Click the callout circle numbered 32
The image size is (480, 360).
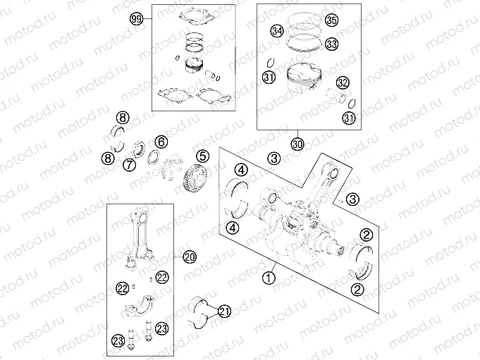[343, 82]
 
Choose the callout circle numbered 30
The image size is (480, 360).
[297, 144]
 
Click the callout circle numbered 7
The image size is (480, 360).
[130, 165]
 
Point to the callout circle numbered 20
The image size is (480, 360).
[188, 256]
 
